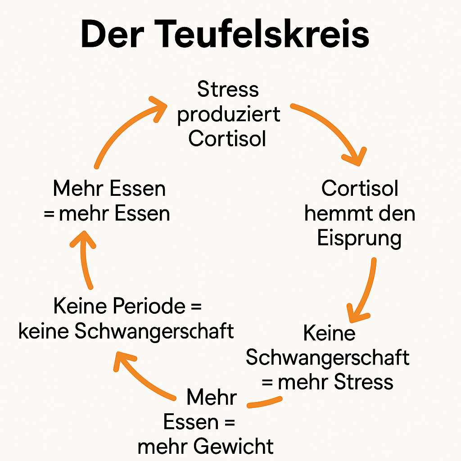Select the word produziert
click(x=228, y=114)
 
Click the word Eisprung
click(x=359, y=238)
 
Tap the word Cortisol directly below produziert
click(x=227, y=139)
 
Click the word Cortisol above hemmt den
click(x=360, y=188)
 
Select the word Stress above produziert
click(x=228, y=89)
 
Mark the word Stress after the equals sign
click(x=364, y=382)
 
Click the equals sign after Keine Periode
click(x=194, y=307)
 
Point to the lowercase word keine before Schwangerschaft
click(x=43, y=331)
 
